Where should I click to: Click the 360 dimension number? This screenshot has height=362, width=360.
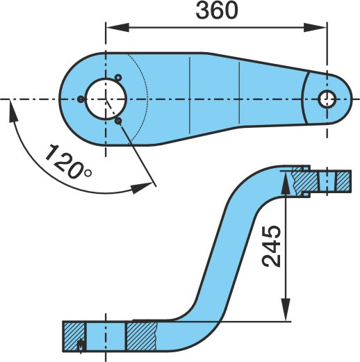[217, 11]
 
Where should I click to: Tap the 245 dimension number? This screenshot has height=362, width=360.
[271, 246]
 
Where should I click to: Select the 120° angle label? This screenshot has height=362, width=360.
[69, 162]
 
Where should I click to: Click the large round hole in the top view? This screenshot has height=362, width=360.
[106, 99]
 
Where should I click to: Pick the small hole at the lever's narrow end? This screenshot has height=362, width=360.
[327, 99]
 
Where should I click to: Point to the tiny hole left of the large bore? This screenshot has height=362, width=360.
[81, 99]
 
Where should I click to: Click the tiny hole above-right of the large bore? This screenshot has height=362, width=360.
[118, 78]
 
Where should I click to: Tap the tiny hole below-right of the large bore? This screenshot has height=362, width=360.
[118, 121]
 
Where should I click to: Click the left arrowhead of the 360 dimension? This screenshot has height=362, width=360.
[117, 27]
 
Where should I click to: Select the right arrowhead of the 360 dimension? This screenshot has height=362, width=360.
[315, 27]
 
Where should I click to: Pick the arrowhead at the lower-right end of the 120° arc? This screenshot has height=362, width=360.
[142, 188]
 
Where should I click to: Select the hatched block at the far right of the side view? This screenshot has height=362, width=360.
[343, 181]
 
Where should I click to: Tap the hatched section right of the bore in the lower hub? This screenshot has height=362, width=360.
[141, 336]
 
